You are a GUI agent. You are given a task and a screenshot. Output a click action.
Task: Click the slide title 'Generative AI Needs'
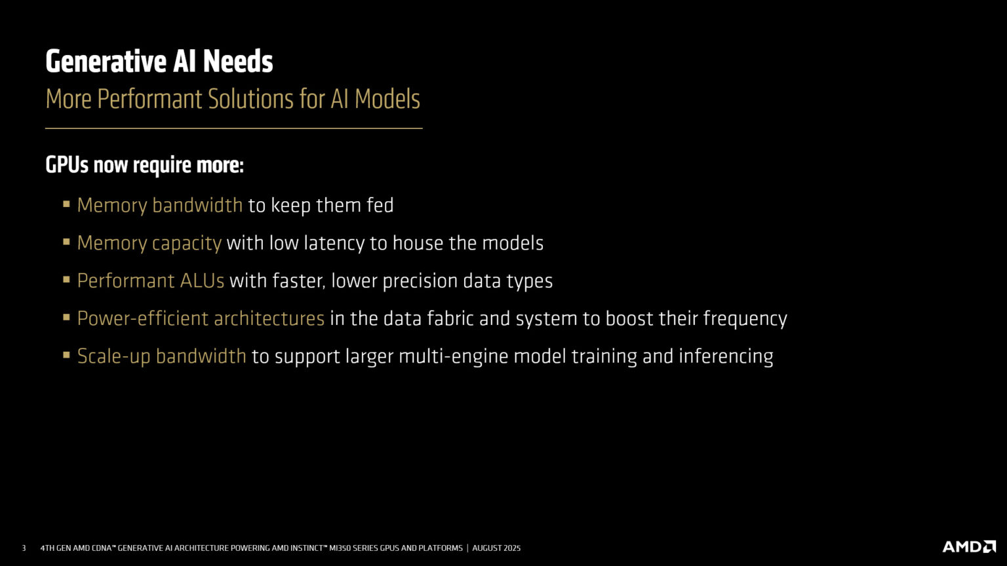159,62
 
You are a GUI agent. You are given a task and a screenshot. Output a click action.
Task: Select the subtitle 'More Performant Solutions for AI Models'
233,99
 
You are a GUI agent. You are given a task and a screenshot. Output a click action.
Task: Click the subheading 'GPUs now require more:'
144,165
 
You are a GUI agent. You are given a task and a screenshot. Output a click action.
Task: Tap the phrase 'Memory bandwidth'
160,205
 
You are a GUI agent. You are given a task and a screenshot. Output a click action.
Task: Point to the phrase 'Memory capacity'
149,243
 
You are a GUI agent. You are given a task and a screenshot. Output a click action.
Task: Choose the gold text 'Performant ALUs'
151,280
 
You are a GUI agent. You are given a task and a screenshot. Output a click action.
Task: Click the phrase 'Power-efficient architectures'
201,318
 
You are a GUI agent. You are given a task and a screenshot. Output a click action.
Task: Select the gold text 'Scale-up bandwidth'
162,356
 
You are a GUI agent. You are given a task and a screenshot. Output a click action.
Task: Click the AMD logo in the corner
969,547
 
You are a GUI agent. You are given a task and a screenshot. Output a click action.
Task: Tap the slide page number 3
24,548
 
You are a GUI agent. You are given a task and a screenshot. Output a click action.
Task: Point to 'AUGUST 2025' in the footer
496,548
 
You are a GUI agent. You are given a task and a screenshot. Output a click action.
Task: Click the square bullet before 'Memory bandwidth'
66,204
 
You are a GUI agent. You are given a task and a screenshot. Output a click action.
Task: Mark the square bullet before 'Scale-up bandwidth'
66,356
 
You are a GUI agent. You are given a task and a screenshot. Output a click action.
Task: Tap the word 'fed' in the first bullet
380,205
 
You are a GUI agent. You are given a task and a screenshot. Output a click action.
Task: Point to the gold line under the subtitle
233,128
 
